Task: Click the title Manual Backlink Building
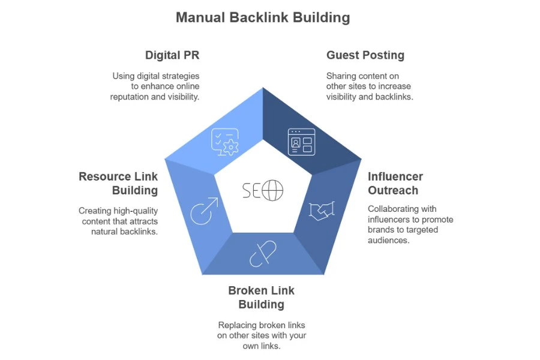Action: tap(262, 17)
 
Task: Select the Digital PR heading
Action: tap(172, 55)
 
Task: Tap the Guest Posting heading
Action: tap(365, 55)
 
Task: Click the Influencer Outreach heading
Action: tap(395, 183)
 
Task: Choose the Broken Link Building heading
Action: tap(261, 297)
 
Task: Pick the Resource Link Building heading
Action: tap(118, 183)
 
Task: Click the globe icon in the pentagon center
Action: tap(272, 191)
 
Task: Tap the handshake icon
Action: tap(321, 211)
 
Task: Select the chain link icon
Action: tap(262, 253)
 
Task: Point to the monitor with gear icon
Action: tap(224, 142)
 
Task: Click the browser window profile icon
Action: tap(301, 142)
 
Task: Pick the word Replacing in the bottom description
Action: tap(238, 325)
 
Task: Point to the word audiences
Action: tap(388, 240)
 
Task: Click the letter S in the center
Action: tap(247, 191)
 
